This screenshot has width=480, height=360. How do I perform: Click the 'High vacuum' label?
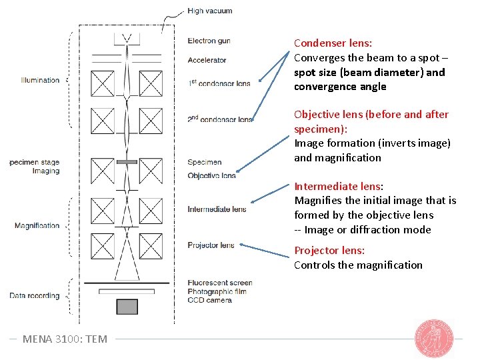point(209,11)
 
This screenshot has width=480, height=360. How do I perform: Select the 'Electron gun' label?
point(209,41)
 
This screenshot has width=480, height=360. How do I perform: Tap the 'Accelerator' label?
point(207,60)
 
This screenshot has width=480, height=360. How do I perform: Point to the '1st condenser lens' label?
point(219,83)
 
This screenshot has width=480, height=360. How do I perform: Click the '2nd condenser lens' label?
point(220,119)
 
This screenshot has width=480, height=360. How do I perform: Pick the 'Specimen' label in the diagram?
point(205,162)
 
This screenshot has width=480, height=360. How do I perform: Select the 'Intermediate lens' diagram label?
point(217,209)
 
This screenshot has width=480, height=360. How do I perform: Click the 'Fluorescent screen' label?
point(220,283)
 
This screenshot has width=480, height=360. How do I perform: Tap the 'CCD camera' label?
point(209,300)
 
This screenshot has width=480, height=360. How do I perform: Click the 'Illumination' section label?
point(40,80)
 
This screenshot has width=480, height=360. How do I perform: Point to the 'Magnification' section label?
point(37,225)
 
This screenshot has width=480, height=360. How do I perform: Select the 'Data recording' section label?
point(35,295)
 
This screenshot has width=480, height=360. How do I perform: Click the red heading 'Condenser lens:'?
point(333,43)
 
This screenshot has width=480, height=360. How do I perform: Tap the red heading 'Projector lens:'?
point(329,251)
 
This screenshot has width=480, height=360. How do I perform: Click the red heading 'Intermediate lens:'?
point(339,186)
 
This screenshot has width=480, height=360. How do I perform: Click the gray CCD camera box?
point(127,307)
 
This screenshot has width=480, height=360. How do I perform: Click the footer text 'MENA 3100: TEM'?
point(65,339)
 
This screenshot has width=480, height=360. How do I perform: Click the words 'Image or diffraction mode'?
point(367,230)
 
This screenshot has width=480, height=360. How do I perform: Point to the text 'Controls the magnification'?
point(358,265)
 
